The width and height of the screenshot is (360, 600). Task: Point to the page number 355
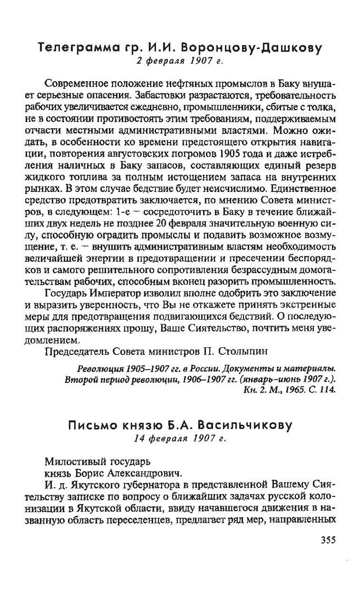(325, 540)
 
